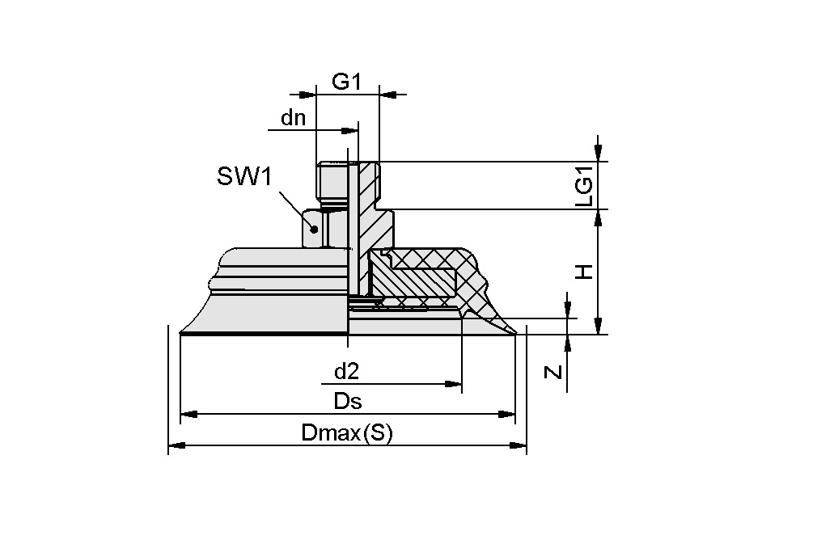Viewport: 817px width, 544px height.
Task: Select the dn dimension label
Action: (293, 118)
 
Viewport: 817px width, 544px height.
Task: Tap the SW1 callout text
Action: (243, 176)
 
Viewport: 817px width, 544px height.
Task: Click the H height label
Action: (584, 272)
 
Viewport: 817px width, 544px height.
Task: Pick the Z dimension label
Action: (552, 372)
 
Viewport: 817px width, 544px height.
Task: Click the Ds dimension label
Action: (347, 402)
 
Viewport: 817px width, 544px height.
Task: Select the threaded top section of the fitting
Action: (333, 181)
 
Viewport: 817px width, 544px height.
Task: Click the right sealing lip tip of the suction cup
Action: (514, 331)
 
